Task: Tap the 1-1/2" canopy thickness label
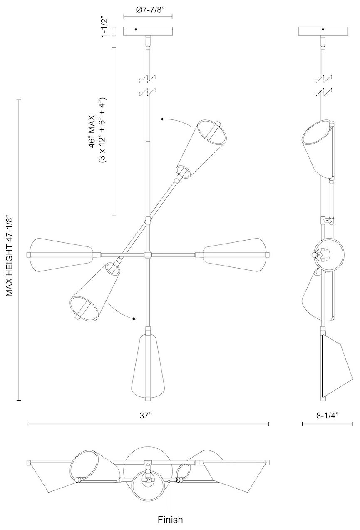(x=104, y=27)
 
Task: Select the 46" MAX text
(x=92, y=132)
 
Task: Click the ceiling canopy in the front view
(x=148, y=32)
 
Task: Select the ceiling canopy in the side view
(x=323, y=32)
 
